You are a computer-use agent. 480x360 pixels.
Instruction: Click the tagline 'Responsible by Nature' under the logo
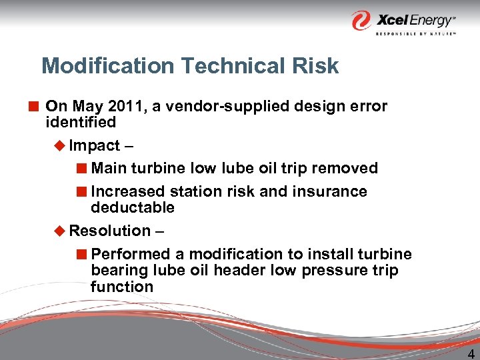[415, 33]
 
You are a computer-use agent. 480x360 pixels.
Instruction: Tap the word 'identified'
[81, 122]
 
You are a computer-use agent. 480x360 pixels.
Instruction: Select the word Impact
[95, 145]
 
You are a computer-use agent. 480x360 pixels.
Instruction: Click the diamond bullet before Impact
[60, 145]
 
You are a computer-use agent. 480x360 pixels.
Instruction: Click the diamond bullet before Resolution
[60, 231]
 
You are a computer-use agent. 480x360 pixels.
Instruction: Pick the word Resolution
[110, 231]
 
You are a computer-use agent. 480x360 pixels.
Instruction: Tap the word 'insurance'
[331, 191]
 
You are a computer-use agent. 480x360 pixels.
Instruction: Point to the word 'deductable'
[133, 207]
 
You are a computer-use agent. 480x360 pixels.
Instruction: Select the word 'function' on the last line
[122, 287]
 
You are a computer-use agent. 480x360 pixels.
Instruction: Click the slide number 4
[471, 355]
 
